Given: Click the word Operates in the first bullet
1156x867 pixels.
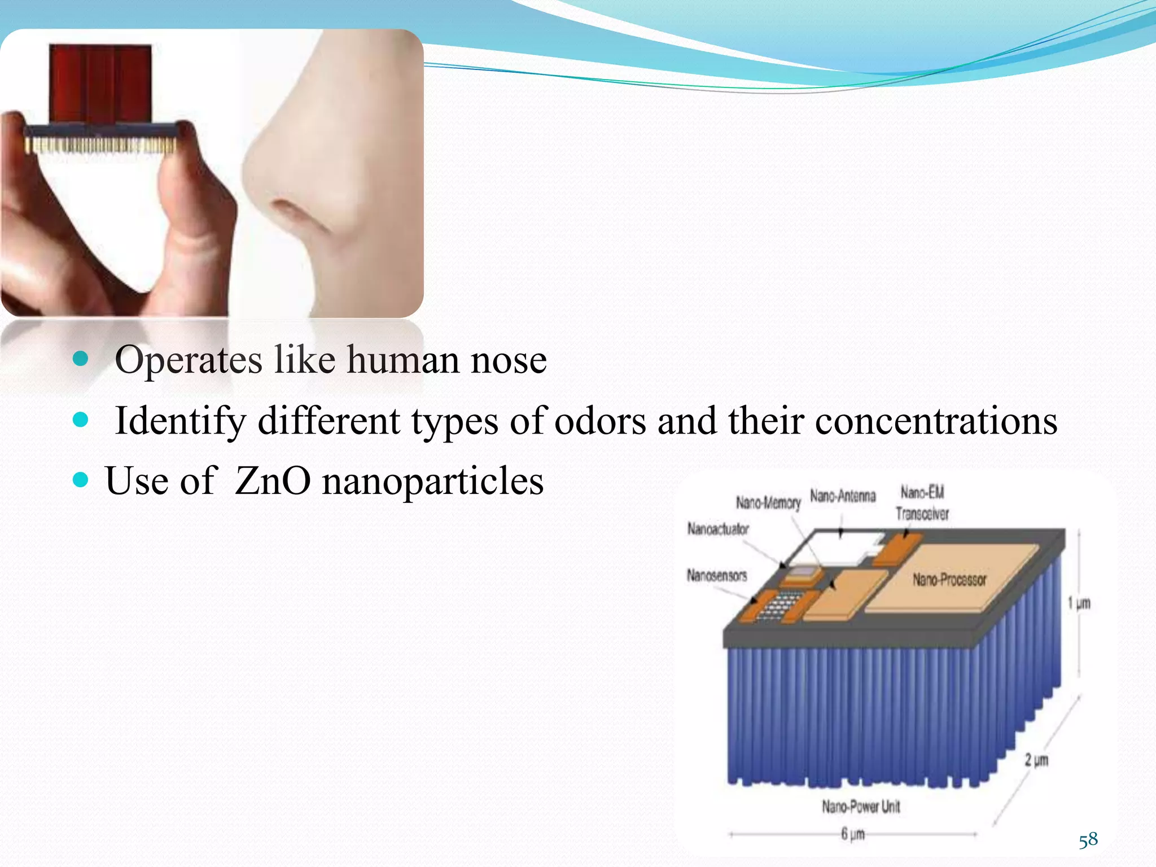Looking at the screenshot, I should (x=189, y=360).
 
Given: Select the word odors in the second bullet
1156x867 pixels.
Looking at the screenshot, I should (x=600, y=421).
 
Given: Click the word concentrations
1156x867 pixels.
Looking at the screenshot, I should (x=936, y=421).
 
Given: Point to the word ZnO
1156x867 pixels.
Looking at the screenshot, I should (x=272, y=481).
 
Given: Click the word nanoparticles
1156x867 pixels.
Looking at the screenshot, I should (x=432, y=482).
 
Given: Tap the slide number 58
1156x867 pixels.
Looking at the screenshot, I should (x=1088, y=840).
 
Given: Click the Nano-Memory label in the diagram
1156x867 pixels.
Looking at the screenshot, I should (x=768, y=502).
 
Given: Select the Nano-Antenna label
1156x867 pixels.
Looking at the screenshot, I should (x=843, y=496).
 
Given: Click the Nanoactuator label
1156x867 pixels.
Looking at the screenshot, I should (x=717, y=529).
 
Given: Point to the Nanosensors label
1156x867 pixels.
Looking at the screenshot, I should (x=716, y=575).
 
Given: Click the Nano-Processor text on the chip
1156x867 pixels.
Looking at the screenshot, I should (x=949, y=580).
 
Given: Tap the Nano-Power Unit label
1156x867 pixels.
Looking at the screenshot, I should (x=860, y=807).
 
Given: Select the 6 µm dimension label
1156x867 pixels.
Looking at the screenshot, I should (x=852, y=834).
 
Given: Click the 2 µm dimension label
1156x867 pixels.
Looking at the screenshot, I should (x=1036, y=760).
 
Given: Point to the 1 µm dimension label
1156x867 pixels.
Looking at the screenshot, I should (x=1079, y=603).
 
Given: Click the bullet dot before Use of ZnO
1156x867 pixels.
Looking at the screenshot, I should (x=81, y=480).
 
